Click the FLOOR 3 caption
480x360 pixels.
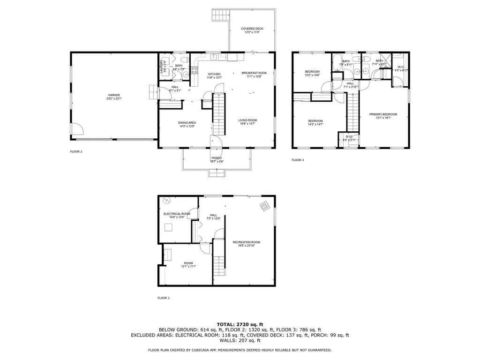click(x=298, y=160)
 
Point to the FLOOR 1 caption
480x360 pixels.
click(x=164, y=298)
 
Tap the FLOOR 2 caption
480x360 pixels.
click(x=76, y=151)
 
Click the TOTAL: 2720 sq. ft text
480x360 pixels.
click(x=240, y=324)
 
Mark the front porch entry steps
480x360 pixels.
click(x=217, y=174)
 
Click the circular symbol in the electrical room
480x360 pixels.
click(x=167, y=201)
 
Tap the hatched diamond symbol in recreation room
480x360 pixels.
click(x=265, y=206)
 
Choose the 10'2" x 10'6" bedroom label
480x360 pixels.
click(x=312, y=73)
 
